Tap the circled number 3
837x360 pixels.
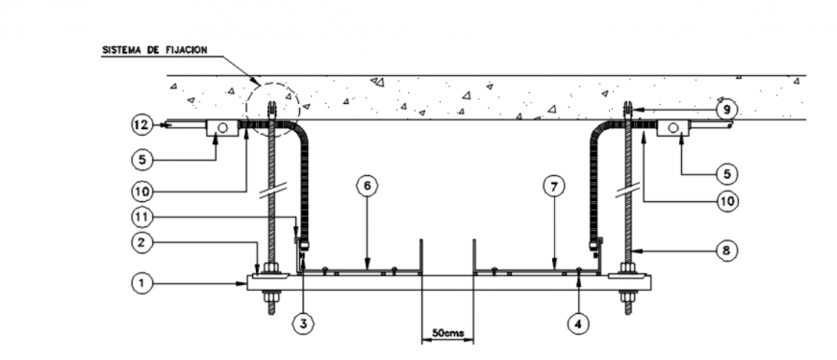click(303, 324)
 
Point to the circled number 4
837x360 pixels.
click(578, 324)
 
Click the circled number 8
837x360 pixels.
click(728, 249)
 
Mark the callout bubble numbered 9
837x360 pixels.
click(728, 110)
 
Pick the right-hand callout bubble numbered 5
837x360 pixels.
click(728, 173)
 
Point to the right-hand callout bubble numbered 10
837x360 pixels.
click(728, 201)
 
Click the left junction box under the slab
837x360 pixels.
click(222, 127)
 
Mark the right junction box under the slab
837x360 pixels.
click(672, 127)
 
